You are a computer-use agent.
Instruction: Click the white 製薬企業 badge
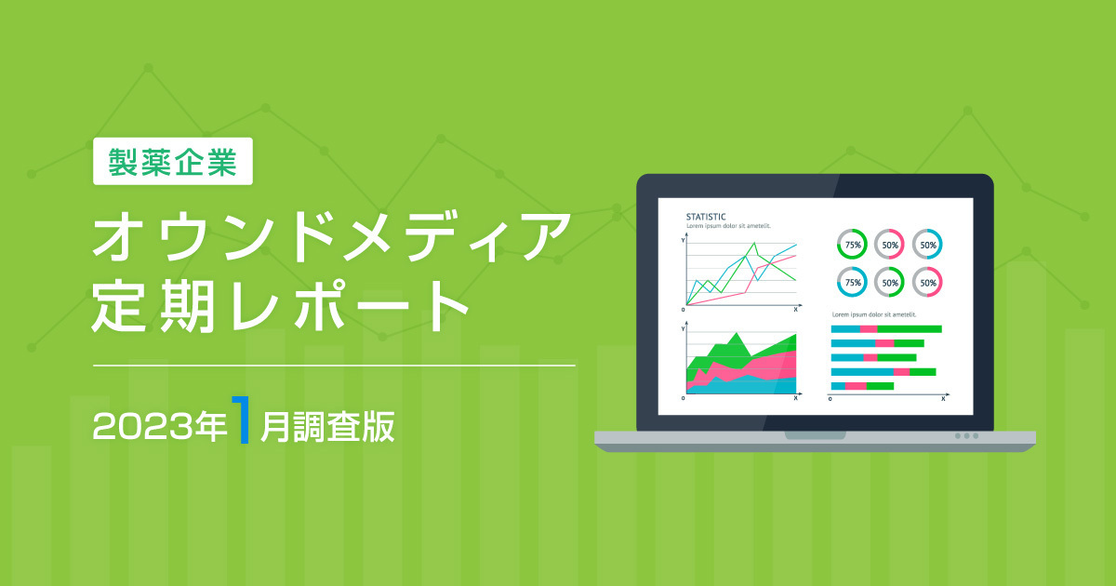[173, 160]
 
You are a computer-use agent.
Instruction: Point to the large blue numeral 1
[243, 419]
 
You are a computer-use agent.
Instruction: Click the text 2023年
[160, 425]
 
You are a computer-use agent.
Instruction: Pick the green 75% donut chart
[853, 244]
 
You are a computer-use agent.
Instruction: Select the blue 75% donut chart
[853, 281]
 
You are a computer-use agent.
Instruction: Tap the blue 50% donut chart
[926, 244]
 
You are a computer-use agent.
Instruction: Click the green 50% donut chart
[890, 281]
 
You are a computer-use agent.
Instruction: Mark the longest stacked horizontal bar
[886, 328]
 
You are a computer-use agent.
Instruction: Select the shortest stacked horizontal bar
[862, 386]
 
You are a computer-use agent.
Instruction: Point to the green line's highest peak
[754, 244]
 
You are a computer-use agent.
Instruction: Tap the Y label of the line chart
[684, 240]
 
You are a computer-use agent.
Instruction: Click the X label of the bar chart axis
[943, 398]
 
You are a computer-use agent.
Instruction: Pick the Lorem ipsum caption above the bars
[874, 314]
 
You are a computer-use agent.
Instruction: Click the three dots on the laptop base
[966, 435]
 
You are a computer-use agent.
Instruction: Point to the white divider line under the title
[334, 366]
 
